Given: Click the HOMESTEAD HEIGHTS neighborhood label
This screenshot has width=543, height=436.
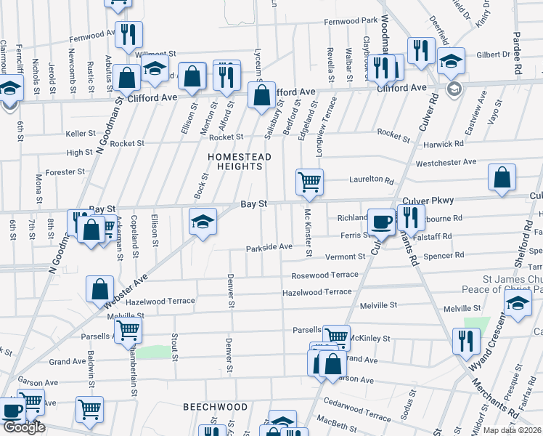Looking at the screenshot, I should pyautogui.click(x=240, y=161).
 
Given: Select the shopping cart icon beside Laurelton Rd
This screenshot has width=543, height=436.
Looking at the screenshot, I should pyautogui.click(x=309, y=182).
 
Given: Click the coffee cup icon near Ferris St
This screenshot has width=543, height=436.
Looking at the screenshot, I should pyautogui.click(x=380, y=222).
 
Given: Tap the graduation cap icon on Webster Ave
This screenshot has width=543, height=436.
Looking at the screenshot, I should pyautogui.click(x=203, y=221).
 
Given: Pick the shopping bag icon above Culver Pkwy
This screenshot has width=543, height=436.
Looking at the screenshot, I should pyautogui.click(x=502, y=178).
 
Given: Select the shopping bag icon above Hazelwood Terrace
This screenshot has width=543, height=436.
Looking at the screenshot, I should pyautogui.click(x=99, y=289).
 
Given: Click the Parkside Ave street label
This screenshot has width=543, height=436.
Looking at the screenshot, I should pyautogui.click(x=269, y=247).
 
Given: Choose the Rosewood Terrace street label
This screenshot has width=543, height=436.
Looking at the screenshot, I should pyautogui.click(x=324, y=275).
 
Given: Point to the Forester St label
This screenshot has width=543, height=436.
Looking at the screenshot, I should pyautogui.click(x=65, y=172).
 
